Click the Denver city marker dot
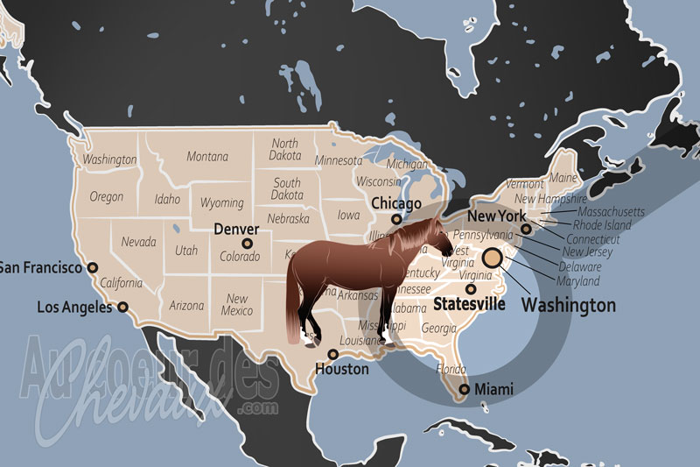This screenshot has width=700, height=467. (x=247, y=244)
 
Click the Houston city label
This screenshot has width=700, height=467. (x=342, y=369)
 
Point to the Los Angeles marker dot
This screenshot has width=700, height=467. (x=122, y=308)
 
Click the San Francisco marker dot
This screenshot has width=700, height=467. (x=93, y=268)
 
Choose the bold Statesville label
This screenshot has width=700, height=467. (x=470, y=305)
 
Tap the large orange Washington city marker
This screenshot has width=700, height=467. (x=492, y=257)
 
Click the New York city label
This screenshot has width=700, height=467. (x=496, y=216)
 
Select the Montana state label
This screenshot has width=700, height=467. (x=206, y=156)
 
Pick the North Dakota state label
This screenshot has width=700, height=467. (x=284, y=150)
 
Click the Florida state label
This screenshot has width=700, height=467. (x=452, y=369)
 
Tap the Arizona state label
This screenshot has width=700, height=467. (x=186, y=306)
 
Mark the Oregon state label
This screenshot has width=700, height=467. (x=106, y=196)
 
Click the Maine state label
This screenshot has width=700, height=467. (x=562, y=179)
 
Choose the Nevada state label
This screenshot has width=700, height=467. (x=138, y=242)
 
